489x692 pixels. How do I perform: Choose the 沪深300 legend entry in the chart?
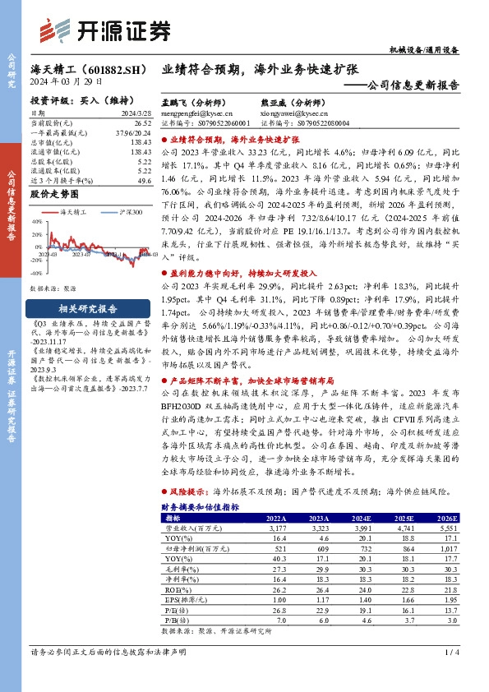pos(127,212)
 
